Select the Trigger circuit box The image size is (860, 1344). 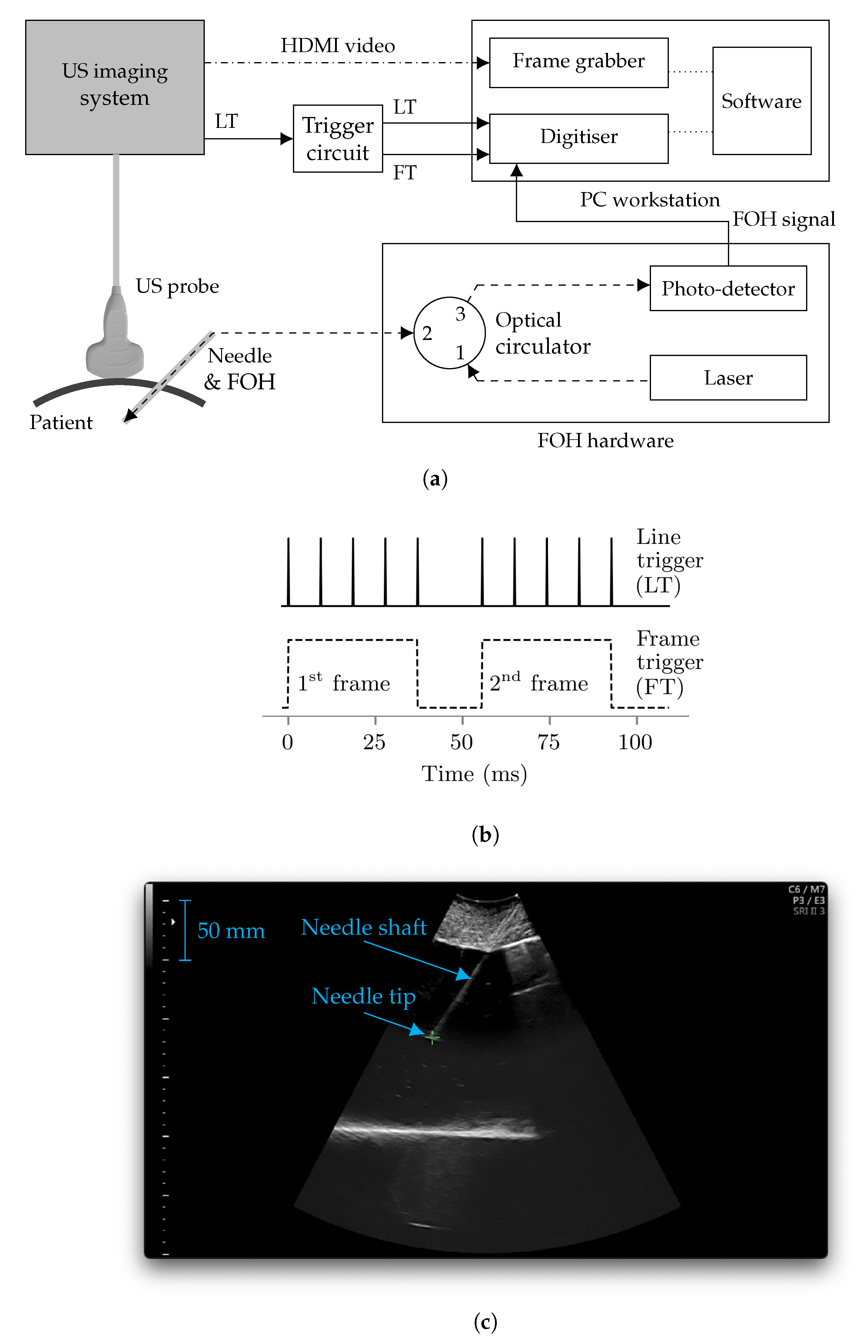tap(338, 138)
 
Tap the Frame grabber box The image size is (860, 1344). tap(579, 62)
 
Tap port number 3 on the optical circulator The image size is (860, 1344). tap(460, 314)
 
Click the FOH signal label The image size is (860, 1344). tap(783, 219)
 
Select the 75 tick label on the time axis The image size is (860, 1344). tap(548, 742)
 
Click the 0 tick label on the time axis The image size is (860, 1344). tap(287, 742)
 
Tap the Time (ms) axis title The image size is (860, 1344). tap(473, 774)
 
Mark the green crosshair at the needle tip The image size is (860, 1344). tap(432, 1037)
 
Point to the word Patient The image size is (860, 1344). tap(61, 422)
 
